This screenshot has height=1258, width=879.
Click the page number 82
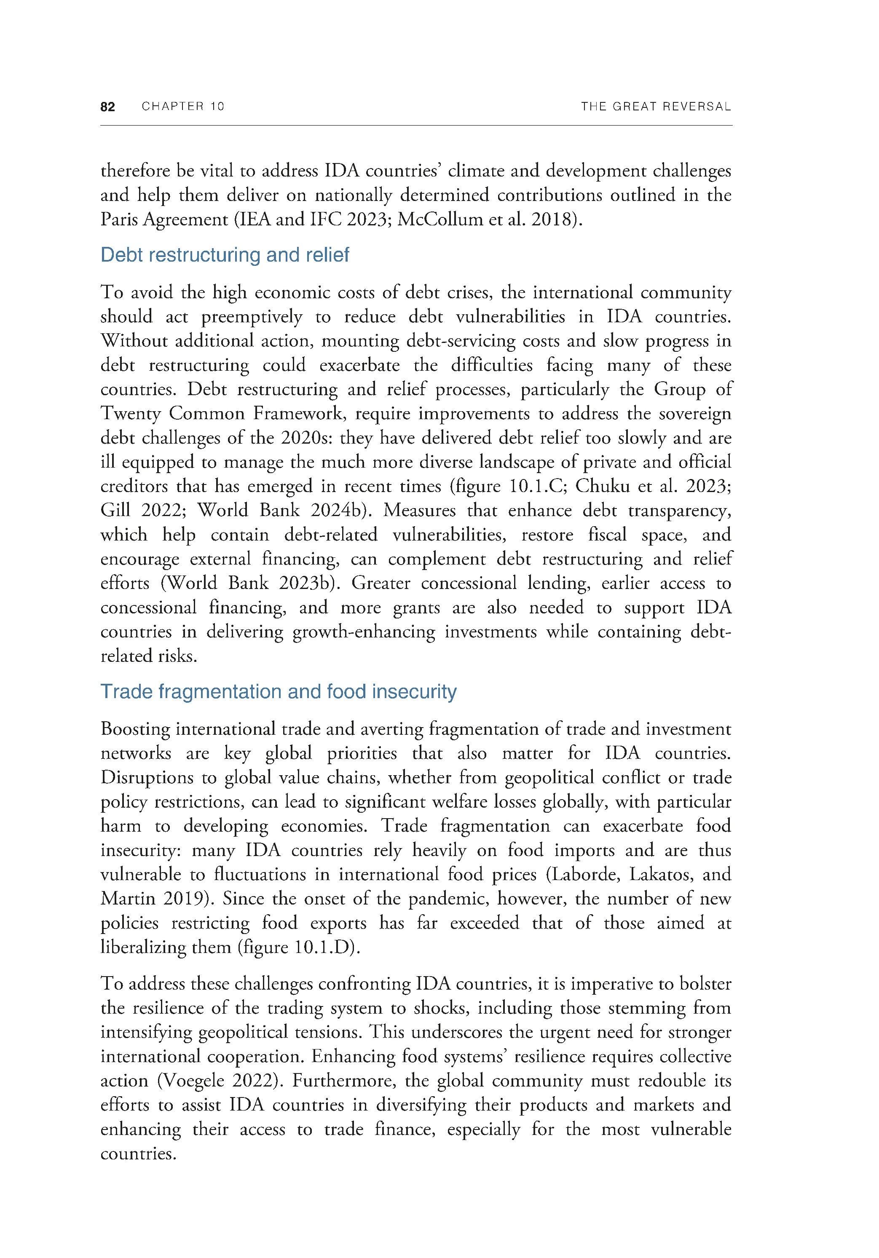point(108,107)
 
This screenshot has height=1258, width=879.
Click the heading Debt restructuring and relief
point(225,255)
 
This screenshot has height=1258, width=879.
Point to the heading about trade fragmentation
point(279,692)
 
